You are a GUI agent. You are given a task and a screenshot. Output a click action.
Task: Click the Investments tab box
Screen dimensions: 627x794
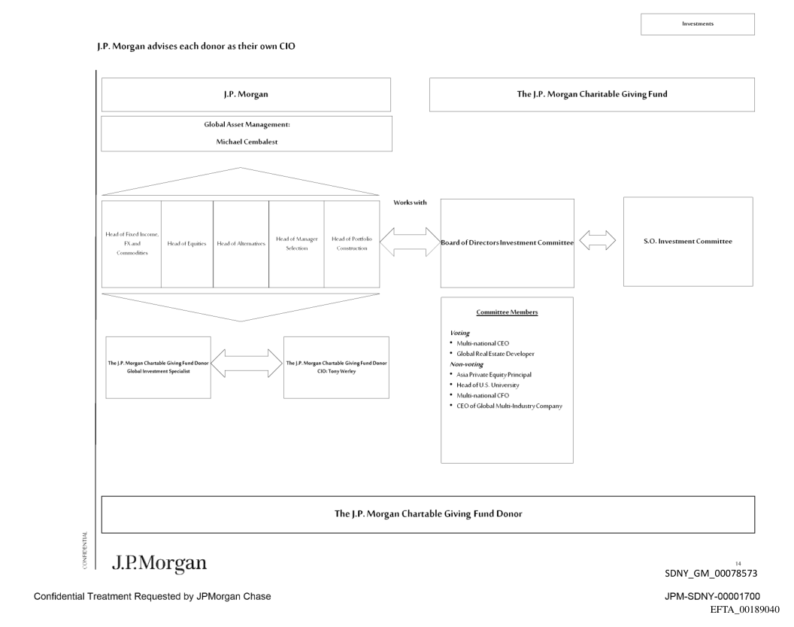click(697, 23)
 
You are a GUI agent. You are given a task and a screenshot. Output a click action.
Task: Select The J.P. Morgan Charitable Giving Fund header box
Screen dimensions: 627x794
click(592, 95)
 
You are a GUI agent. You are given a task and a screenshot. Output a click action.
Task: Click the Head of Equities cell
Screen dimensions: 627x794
click(186, 244)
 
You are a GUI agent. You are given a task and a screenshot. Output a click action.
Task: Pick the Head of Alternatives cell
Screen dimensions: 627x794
click(241, 244)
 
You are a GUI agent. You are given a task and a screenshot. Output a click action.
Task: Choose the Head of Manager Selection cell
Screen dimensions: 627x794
click(296, 244)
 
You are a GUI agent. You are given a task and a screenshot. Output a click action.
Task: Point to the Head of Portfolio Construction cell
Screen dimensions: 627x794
click(352, 244)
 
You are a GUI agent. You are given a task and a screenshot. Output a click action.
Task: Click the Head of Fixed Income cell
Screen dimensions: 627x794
click(132, 244)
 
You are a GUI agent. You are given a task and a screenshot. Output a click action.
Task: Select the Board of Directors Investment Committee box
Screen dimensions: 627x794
click(507, 242)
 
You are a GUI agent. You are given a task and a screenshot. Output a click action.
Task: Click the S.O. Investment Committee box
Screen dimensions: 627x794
click(688, 241)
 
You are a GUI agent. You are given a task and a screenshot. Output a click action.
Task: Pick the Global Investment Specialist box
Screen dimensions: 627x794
click(159, 367)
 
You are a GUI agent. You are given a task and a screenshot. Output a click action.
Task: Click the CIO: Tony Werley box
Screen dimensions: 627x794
click(336, 367)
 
